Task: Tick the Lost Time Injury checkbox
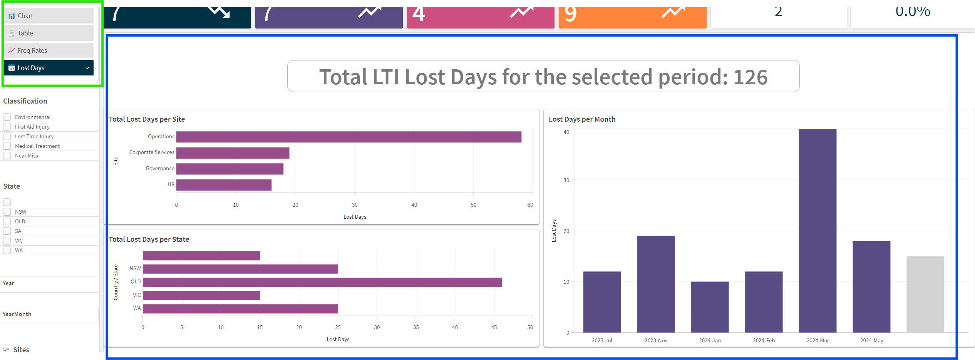click(x=7, y=136)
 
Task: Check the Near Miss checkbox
click(x=7, y=156)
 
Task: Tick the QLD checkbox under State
click(x=7, y=221)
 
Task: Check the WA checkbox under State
click(x=7, y=250)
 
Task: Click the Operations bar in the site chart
click(x=348, y=137)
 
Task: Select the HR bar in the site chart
click(x=224, y=185)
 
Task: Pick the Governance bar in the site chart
click(x=230, y=169)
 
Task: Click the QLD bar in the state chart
click(x=322, y=282)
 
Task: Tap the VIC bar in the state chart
click(x=201, y=295)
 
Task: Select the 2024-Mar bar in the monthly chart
click(x=818, y=231)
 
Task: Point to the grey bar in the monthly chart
click(x=925, y=294)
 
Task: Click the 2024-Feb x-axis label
click(x=764, y=340)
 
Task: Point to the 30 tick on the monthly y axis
click(x=566, y=180)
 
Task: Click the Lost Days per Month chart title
click(x=582, y=119)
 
